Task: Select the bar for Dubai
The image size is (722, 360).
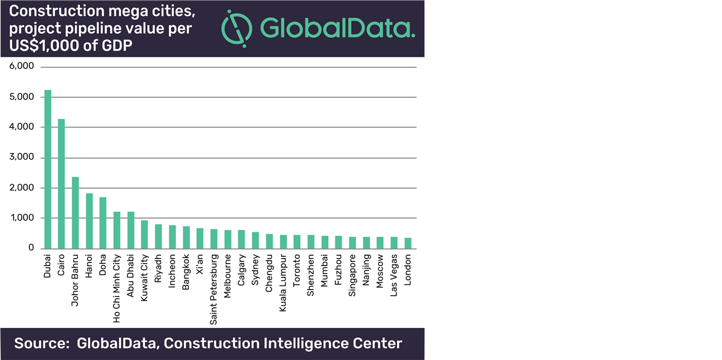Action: (48, 170)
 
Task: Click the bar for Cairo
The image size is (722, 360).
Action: (61, 184)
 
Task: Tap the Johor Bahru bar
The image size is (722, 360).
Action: (75, 213)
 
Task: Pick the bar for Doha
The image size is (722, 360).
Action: (103, 223)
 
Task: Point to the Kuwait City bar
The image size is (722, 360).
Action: (144, 234)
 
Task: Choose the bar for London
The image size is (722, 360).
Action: (408, 243)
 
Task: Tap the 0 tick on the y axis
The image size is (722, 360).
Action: (32, 248)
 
